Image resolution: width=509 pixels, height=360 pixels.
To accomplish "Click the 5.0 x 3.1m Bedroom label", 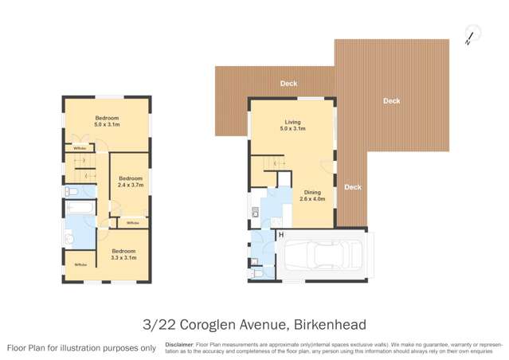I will click(x=107, y=120).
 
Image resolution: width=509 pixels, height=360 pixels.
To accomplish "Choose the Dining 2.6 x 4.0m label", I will click(x=311, y=196).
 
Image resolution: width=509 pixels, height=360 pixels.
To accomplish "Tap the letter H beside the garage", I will click(x=280, y=235).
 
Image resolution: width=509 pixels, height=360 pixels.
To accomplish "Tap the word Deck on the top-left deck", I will click(x=288, y=83).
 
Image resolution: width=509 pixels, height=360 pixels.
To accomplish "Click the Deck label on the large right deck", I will click(x=391, y=101).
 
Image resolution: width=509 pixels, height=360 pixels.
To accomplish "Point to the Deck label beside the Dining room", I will click(x=352, y=187).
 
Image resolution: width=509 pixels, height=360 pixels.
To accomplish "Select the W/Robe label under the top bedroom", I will click(x=80, y=148).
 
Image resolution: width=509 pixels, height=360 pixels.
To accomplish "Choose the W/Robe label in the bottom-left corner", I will click(x=80, y=264).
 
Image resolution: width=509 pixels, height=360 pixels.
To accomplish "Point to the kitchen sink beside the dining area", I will click(x=255, y=212).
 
